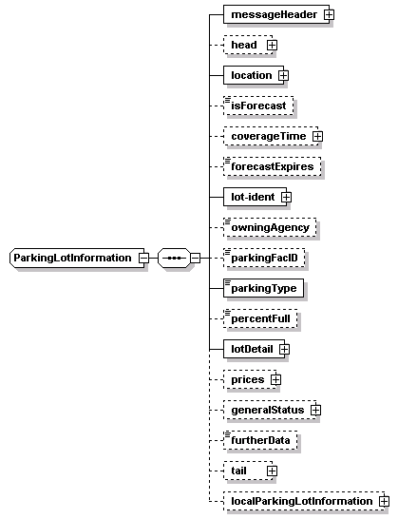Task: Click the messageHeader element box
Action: (276, 14)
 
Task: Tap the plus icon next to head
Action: (272, 45)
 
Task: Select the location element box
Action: (254, 75)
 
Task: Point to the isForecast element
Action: (258, 106)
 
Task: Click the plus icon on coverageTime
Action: (317, 136)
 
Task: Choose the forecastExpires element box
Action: (273, 166)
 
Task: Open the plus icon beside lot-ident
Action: (286, 197)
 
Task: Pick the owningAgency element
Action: (270, 227)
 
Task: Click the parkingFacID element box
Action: (264, 258)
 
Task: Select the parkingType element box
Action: (263, 288)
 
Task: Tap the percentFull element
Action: (260, 318)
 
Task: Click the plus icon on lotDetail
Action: (284, 349)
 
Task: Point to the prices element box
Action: (250, 379)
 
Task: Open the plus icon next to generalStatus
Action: (315, 410)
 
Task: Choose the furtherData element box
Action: (260, 440)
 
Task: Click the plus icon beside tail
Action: (272, 471)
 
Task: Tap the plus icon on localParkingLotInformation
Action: (384, 501)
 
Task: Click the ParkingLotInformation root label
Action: (72, 258)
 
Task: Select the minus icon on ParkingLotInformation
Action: (143, 258)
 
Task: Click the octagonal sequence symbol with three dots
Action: (175, 258)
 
